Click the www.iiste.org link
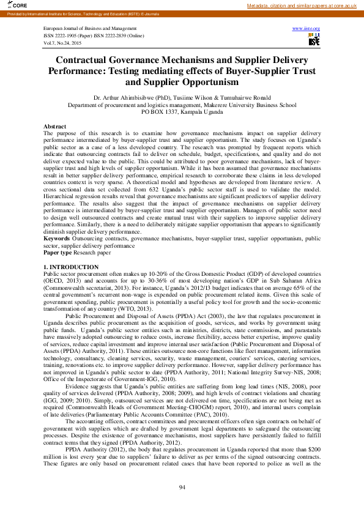[x=306, y=29]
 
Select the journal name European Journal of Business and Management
[x=90, y=29]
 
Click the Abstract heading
[x=54, y=126]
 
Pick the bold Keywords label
[x=57, y=238]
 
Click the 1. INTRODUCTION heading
[x=70, y=268]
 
